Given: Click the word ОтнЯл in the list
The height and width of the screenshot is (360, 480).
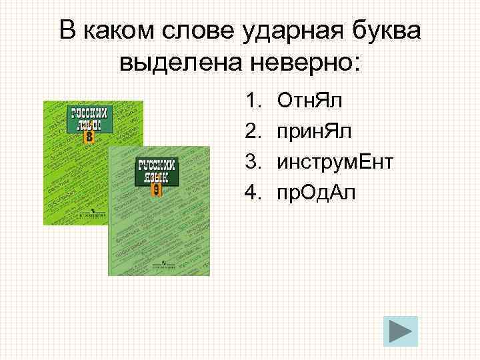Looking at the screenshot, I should [307, 101].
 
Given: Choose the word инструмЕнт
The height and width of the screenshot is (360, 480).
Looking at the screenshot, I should [335, 162].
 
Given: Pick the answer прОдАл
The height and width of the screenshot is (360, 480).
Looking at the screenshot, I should [317, 193].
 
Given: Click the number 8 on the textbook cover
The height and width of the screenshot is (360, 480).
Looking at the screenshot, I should [89, 138].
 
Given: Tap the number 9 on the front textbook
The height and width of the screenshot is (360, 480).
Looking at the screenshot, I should [156, 190].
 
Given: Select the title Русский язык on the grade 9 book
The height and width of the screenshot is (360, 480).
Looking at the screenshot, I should [156, 171].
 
